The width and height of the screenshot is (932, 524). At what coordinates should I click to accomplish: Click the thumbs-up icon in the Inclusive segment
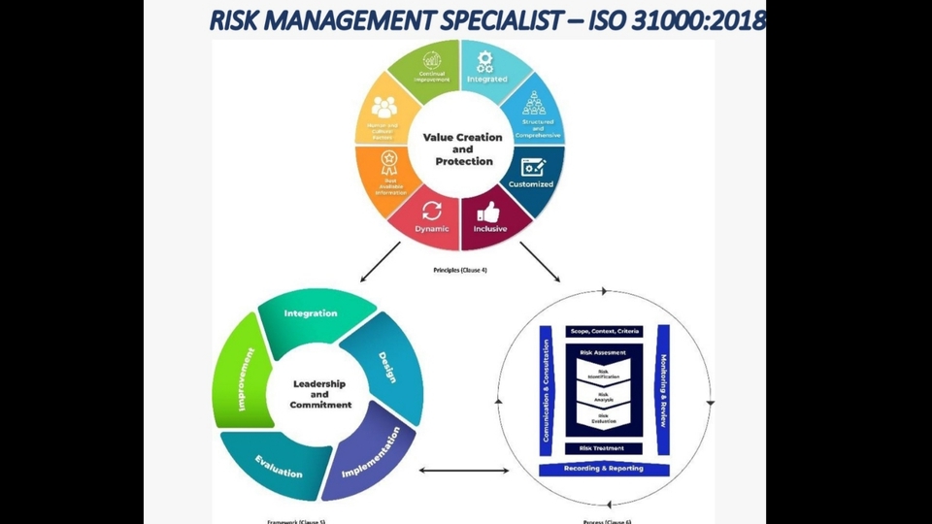488,211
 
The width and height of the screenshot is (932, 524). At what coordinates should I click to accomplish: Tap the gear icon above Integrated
484,62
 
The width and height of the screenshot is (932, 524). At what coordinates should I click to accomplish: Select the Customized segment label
532,184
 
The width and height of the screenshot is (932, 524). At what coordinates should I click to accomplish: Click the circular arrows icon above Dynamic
432,211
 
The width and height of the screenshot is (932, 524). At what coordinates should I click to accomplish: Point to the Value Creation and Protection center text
463,149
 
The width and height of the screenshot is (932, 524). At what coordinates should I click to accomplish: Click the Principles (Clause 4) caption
460,271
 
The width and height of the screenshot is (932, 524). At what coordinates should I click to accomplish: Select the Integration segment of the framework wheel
311,314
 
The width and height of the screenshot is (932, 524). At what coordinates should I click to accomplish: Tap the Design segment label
387,366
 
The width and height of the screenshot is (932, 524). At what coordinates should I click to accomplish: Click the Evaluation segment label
279,466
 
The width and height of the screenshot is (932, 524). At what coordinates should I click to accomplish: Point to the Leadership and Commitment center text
319,394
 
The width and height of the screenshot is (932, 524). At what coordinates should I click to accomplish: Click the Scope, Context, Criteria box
604,332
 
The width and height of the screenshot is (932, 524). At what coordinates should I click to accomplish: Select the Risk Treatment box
603,448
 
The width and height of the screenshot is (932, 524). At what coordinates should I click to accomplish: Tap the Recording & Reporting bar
603,470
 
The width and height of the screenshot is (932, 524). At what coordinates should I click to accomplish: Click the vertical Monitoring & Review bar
663,388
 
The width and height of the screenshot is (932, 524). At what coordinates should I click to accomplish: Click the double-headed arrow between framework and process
464,472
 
